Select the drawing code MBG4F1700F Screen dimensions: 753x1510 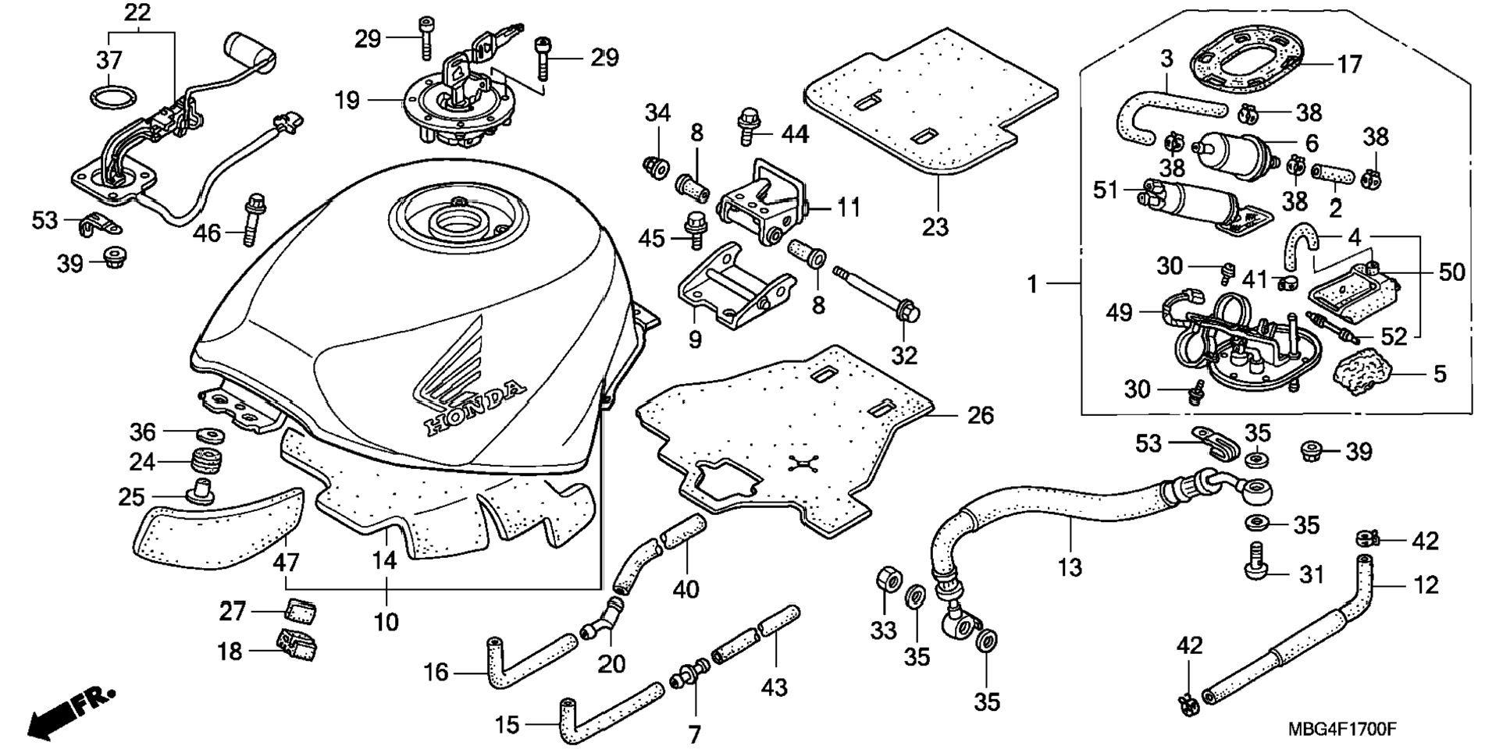coord(1342,730)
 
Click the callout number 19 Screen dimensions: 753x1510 coord(347,101)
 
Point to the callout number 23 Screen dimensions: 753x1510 coord(935,227)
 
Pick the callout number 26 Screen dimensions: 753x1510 coord(981,415)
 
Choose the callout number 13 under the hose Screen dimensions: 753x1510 coord(1069,567)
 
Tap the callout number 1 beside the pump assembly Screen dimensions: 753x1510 coord(1032,284)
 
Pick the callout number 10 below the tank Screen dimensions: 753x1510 coord(386,622)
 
